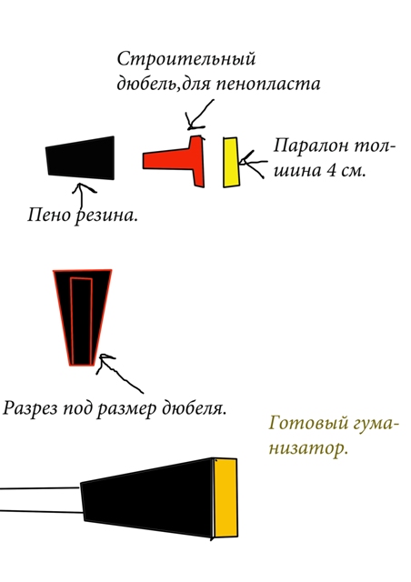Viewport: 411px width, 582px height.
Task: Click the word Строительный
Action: (x=186, y=59)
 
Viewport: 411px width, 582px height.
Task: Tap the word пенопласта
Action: (x=268, y=83)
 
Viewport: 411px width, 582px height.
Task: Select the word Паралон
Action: (x=311, y=145)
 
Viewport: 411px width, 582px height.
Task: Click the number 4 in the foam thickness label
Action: (x=330, y=170)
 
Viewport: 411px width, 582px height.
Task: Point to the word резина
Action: (x=106, y=216)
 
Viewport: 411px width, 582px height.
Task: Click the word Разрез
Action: (x=30, y=408)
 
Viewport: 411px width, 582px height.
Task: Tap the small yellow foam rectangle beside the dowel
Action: (x=231, y=162)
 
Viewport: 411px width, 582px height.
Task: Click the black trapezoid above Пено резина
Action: (x=81, y=158)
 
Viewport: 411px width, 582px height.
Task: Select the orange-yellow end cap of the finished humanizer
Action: (x=226, y=497)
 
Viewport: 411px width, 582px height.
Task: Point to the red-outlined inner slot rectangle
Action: (x=81, y=321)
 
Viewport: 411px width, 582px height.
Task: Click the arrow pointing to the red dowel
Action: (x=199, y=115)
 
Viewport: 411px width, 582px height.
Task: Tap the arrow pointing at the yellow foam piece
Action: (x=253, y=164)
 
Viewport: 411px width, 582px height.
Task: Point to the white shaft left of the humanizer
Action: (x=41, y=500)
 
